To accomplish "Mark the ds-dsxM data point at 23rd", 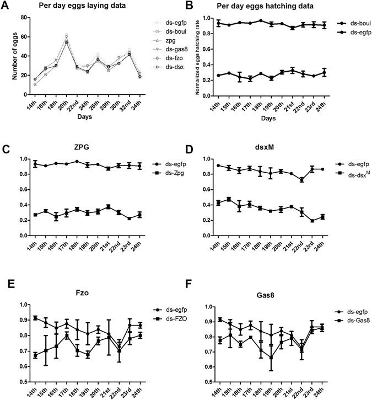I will pos(312,221).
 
